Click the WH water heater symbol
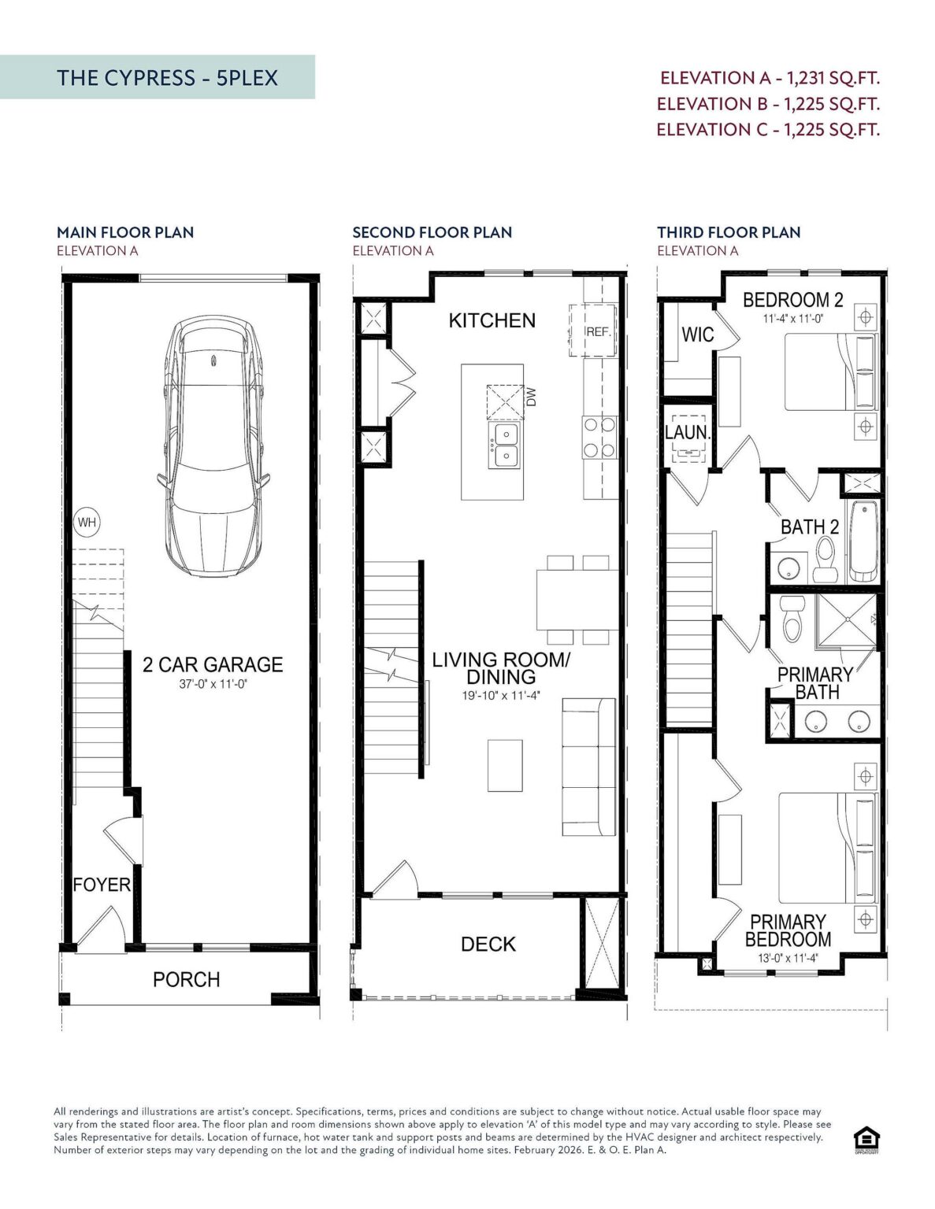click(87, 522)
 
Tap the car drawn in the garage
click(213, 446)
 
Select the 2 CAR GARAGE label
click(213, 664)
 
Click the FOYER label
click(102, 885)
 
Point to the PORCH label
click(186, 979)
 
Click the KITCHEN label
click(492, 320)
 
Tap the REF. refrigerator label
click(599, 332)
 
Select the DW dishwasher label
click(531, 397)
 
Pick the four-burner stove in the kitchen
click(599, 438)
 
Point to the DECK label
click(488, 944)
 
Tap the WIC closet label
click(697, 335)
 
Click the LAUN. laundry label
click(688, 432)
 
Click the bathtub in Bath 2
click(863, 541)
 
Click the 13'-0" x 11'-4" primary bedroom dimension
click(788, 958)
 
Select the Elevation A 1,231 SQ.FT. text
click(770, 78)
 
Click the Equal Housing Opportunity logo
click(866, 1140)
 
